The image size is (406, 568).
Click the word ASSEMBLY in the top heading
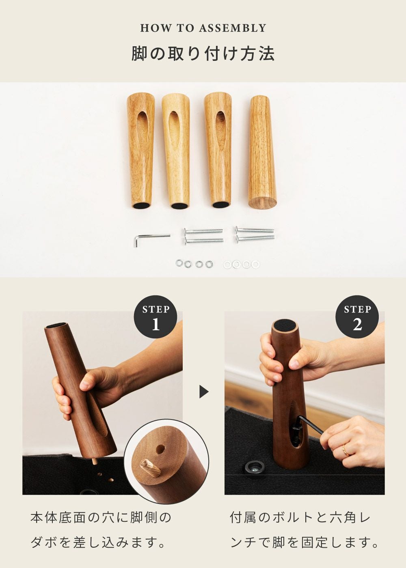[232, 28]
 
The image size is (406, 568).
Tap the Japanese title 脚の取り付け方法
[203, 54]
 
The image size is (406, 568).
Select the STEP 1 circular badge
[155, 317]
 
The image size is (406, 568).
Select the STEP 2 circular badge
[357, 317]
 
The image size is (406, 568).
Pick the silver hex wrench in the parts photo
[151, 240]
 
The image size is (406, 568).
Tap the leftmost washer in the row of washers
[179, 263]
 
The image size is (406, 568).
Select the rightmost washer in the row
[255, 265]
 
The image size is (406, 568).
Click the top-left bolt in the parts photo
[203, 231]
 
